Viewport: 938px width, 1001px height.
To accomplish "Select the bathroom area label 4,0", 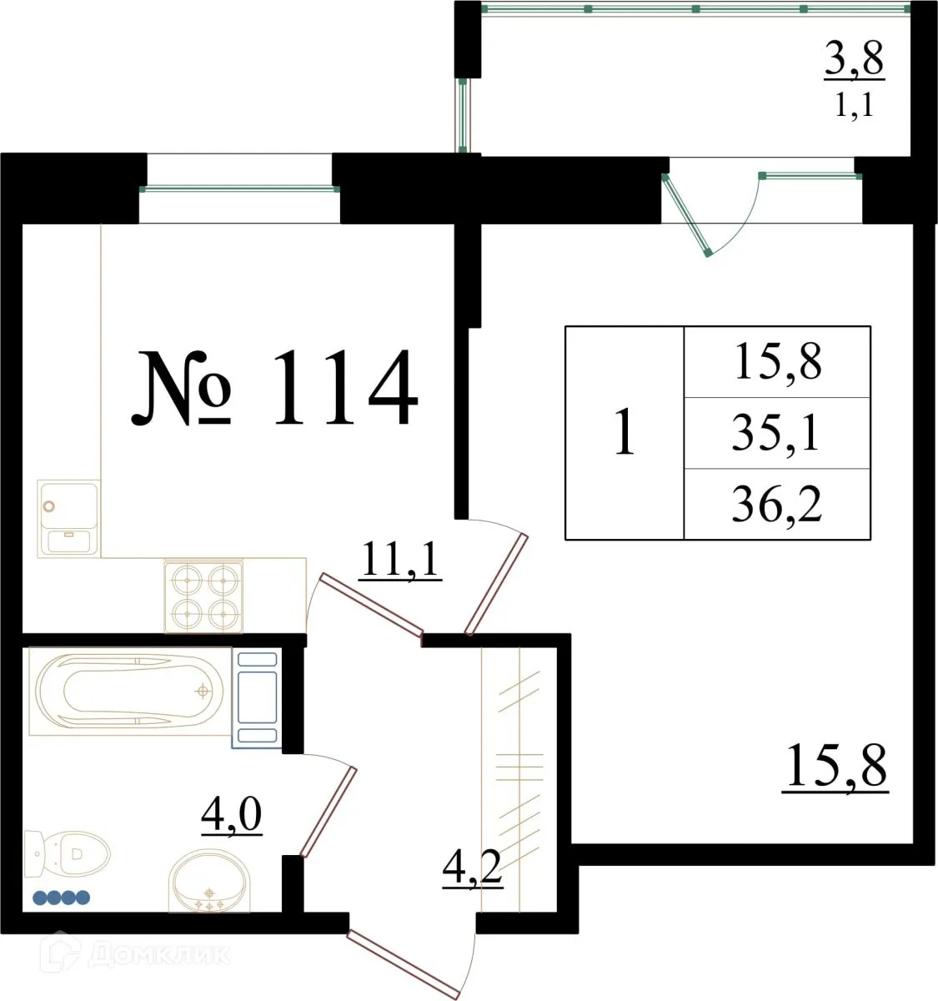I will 232,815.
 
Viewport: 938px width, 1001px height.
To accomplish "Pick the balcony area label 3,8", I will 854,60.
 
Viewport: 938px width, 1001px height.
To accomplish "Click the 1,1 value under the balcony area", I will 854,106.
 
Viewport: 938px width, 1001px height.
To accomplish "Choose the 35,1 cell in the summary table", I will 776,433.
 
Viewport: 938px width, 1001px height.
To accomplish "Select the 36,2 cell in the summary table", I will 776,504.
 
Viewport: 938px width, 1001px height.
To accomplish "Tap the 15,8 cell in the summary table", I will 777,362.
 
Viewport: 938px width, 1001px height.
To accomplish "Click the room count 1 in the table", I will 624,433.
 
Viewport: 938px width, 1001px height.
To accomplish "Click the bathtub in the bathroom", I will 130,692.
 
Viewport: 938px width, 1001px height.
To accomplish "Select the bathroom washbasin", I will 208,881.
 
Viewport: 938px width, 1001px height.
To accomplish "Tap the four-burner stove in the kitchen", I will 204,595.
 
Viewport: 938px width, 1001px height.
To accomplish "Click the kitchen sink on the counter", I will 68,518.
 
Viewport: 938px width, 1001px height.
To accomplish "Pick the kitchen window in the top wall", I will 239,189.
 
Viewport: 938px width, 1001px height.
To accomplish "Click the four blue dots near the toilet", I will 61,898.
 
